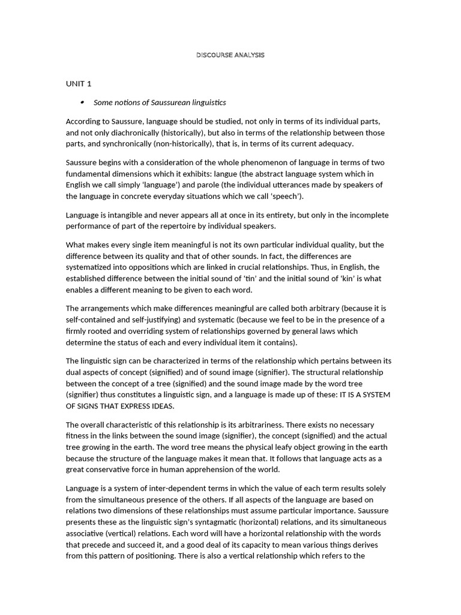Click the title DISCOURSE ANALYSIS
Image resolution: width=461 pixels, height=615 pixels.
tap(230, 55)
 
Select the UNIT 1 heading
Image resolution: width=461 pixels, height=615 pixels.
tap(78, 83)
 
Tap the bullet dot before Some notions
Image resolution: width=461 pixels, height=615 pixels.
tap(82, 102)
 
